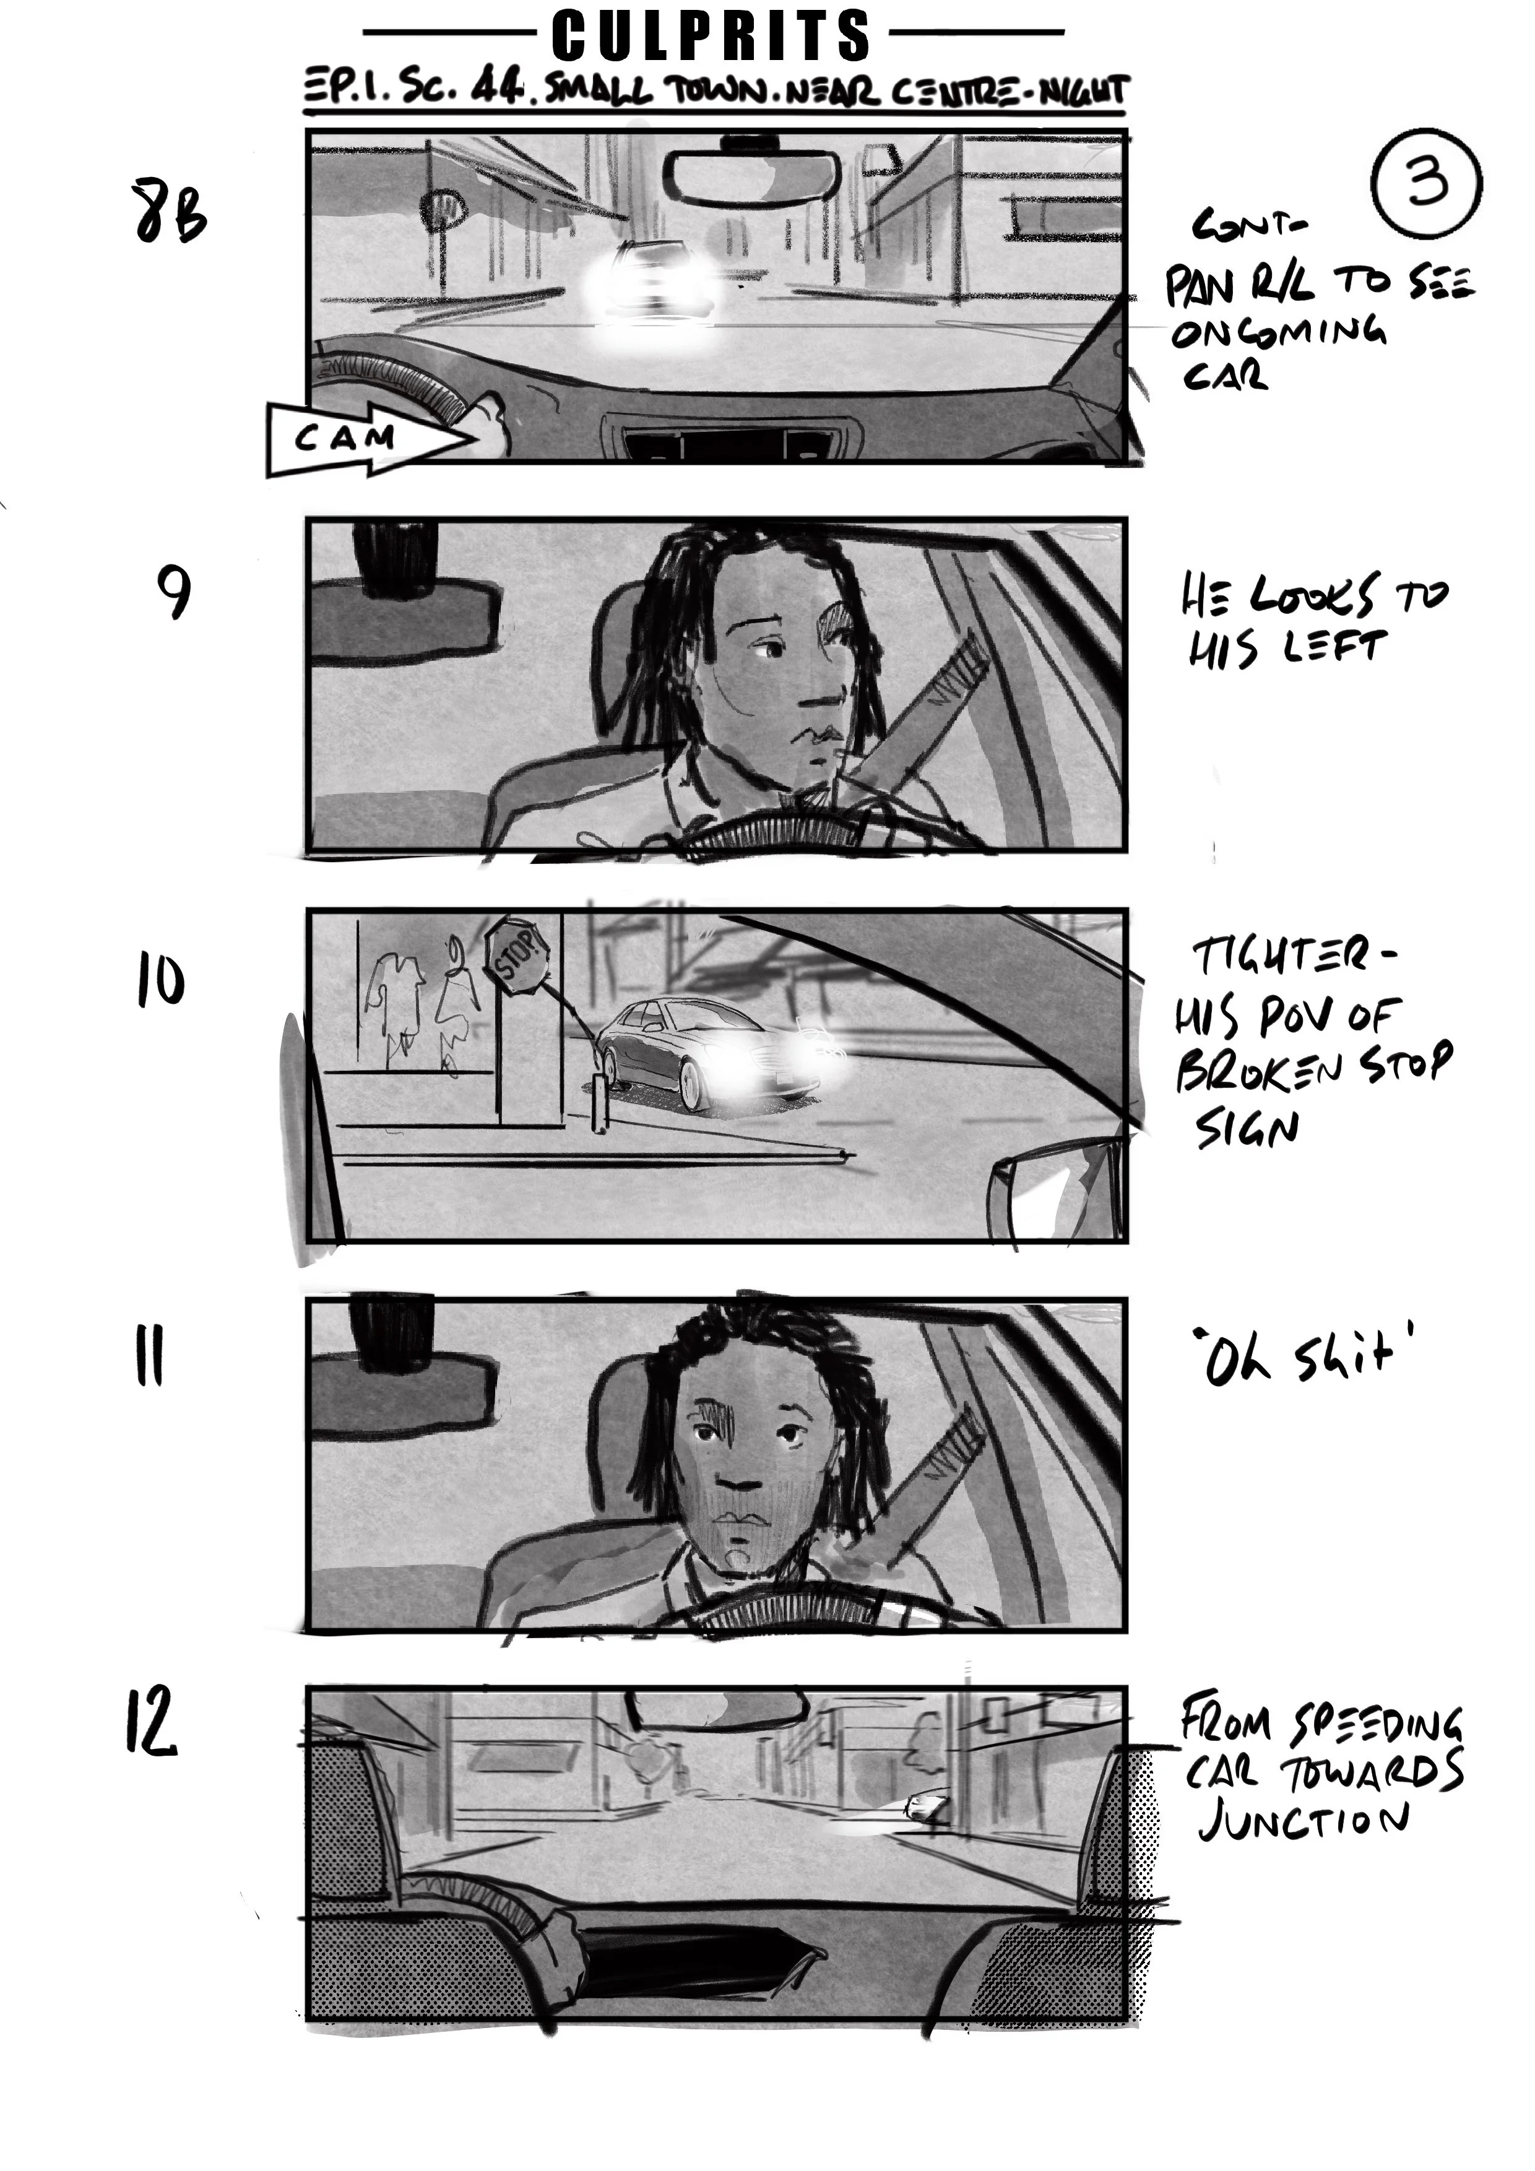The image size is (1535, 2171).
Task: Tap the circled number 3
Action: pyautogui.click(x=1426, y=181)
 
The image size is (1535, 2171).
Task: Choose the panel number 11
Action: pyautogui.click(x=149, y=1356)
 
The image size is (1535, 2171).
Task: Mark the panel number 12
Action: pyautogui.click(x=151, y=1723)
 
